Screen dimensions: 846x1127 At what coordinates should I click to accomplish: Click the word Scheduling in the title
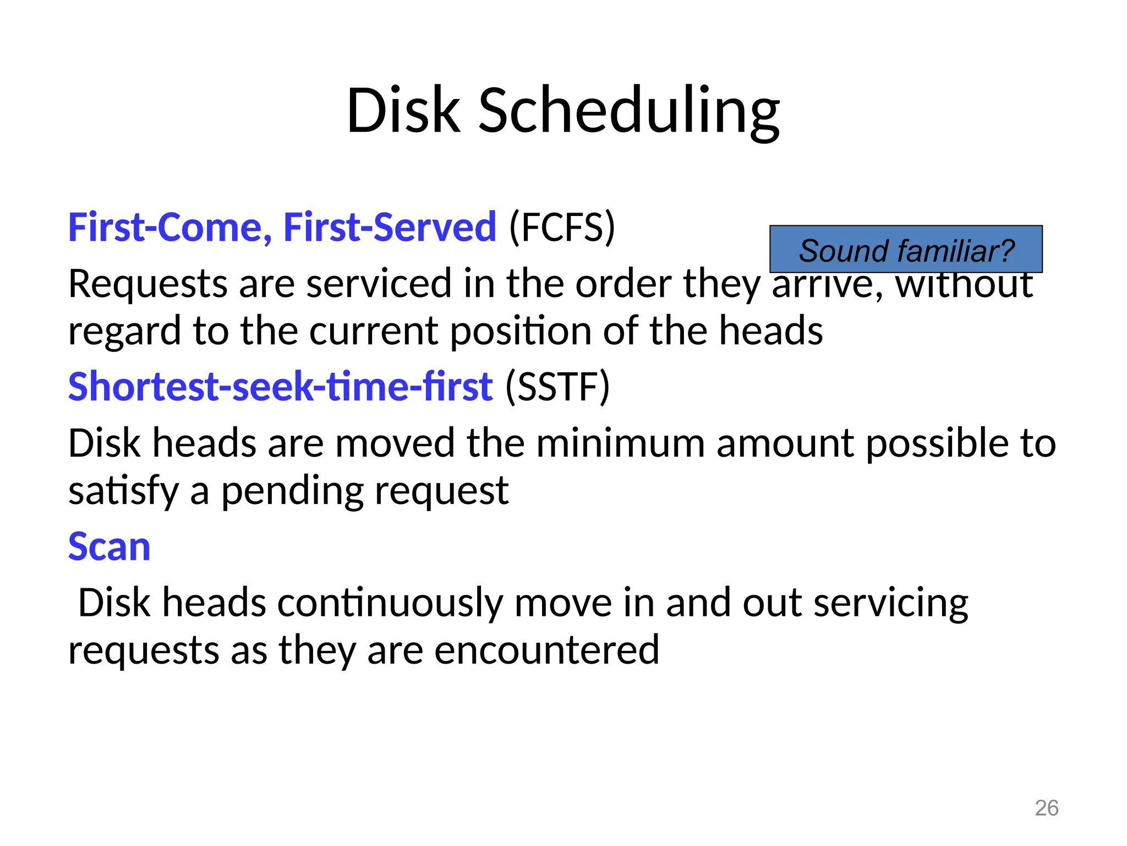tap(629, 111)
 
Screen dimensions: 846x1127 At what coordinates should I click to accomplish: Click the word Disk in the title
tap(403, 111)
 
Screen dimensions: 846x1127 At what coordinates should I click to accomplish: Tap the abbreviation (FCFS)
tap(562, 227)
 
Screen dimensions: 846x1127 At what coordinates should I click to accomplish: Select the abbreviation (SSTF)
tap(557, 387)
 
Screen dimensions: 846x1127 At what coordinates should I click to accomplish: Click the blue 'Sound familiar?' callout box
tap(906, 249)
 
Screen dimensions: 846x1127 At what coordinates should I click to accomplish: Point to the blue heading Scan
tap(109, 547)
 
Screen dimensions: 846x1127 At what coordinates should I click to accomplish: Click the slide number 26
tap(1046, 808)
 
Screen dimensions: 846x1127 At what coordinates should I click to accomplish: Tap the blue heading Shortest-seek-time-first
tap(280, 387)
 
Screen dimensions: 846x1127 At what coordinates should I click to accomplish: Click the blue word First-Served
tap(390, 227)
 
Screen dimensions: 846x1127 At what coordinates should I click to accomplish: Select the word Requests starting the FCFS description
tap(147, 285)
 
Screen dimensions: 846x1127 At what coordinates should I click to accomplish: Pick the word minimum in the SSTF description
tap(620, 444)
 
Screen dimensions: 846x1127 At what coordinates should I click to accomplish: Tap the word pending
tap(292, 491)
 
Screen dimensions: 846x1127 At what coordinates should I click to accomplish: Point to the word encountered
tap(546, 650)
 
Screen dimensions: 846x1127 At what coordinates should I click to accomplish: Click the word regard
tap(125, 332)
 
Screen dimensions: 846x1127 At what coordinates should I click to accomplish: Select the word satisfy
tap(123, 491)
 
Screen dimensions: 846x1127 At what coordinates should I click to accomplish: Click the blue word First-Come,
tap(169, 227)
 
